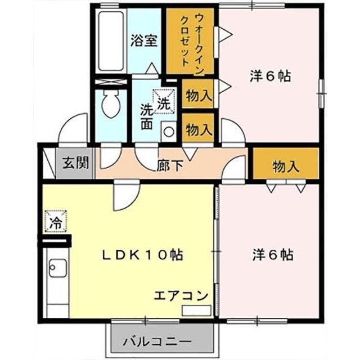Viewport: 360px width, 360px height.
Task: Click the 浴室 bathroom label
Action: pos(144,40)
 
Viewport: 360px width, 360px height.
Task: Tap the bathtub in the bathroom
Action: pos(111,41)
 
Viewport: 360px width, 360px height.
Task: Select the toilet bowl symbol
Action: pos(111,103)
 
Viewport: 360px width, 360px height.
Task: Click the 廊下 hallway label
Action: pos(170,165)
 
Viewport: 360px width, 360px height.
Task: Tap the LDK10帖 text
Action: pos(142,255)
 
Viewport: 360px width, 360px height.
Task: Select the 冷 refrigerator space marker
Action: pos(56,221)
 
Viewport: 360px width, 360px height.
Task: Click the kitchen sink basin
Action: pos(57,268)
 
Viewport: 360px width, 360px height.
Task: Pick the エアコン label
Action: pos(181,296)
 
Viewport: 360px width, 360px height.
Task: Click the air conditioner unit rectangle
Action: pos(196,310)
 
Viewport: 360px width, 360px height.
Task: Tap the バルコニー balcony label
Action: pos(157,342)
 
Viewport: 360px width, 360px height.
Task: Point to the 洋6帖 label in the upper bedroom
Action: pos(270,76)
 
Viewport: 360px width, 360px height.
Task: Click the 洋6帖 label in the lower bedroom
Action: pos(273,255)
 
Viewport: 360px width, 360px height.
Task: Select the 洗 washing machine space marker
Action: pos(165,101)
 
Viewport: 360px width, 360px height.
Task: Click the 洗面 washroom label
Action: pos(147,116)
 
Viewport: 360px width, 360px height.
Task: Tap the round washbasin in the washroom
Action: pos(169,132)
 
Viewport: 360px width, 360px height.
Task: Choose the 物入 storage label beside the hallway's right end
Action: pos(286,166)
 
